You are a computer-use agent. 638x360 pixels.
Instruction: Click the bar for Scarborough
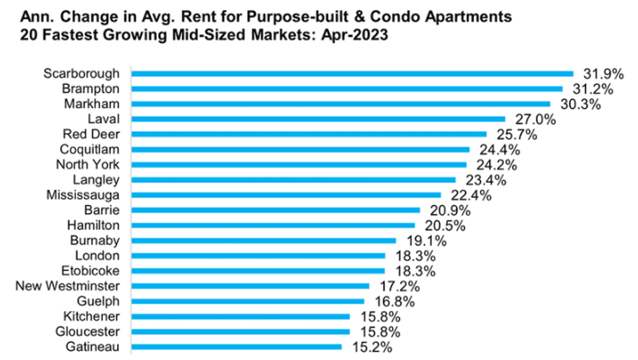point(352,74)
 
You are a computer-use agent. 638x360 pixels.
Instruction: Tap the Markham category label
point(92,104)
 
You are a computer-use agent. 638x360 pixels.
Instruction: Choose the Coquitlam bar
point(299,149)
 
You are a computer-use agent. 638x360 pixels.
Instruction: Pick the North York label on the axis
point(88,164)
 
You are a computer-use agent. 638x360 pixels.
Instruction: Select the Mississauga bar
point(286,195)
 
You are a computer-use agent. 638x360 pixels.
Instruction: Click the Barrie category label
point(102,210)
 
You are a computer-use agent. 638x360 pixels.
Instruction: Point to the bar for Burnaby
point(263,240)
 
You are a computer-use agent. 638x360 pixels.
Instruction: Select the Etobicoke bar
point(258,270)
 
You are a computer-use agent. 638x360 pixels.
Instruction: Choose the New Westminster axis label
point(67,285)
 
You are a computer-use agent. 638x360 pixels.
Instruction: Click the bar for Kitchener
point(240,316)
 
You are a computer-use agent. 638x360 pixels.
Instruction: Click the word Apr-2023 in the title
point(356,36)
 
